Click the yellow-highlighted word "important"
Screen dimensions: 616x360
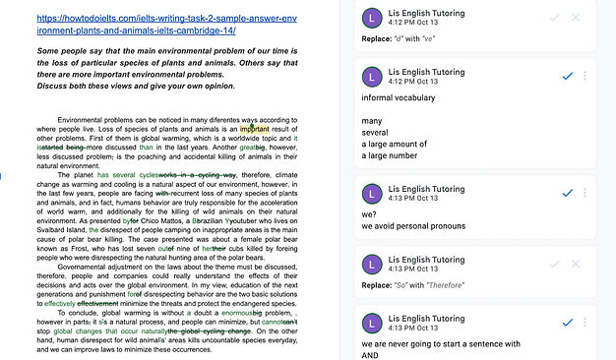click(x=254, y=128)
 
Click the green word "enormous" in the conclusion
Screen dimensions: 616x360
click(x=217, y=313)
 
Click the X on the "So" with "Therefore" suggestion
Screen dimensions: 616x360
click(x=577, y=264)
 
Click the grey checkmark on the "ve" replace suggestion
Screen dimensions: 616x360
click(x=556, y=18)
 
